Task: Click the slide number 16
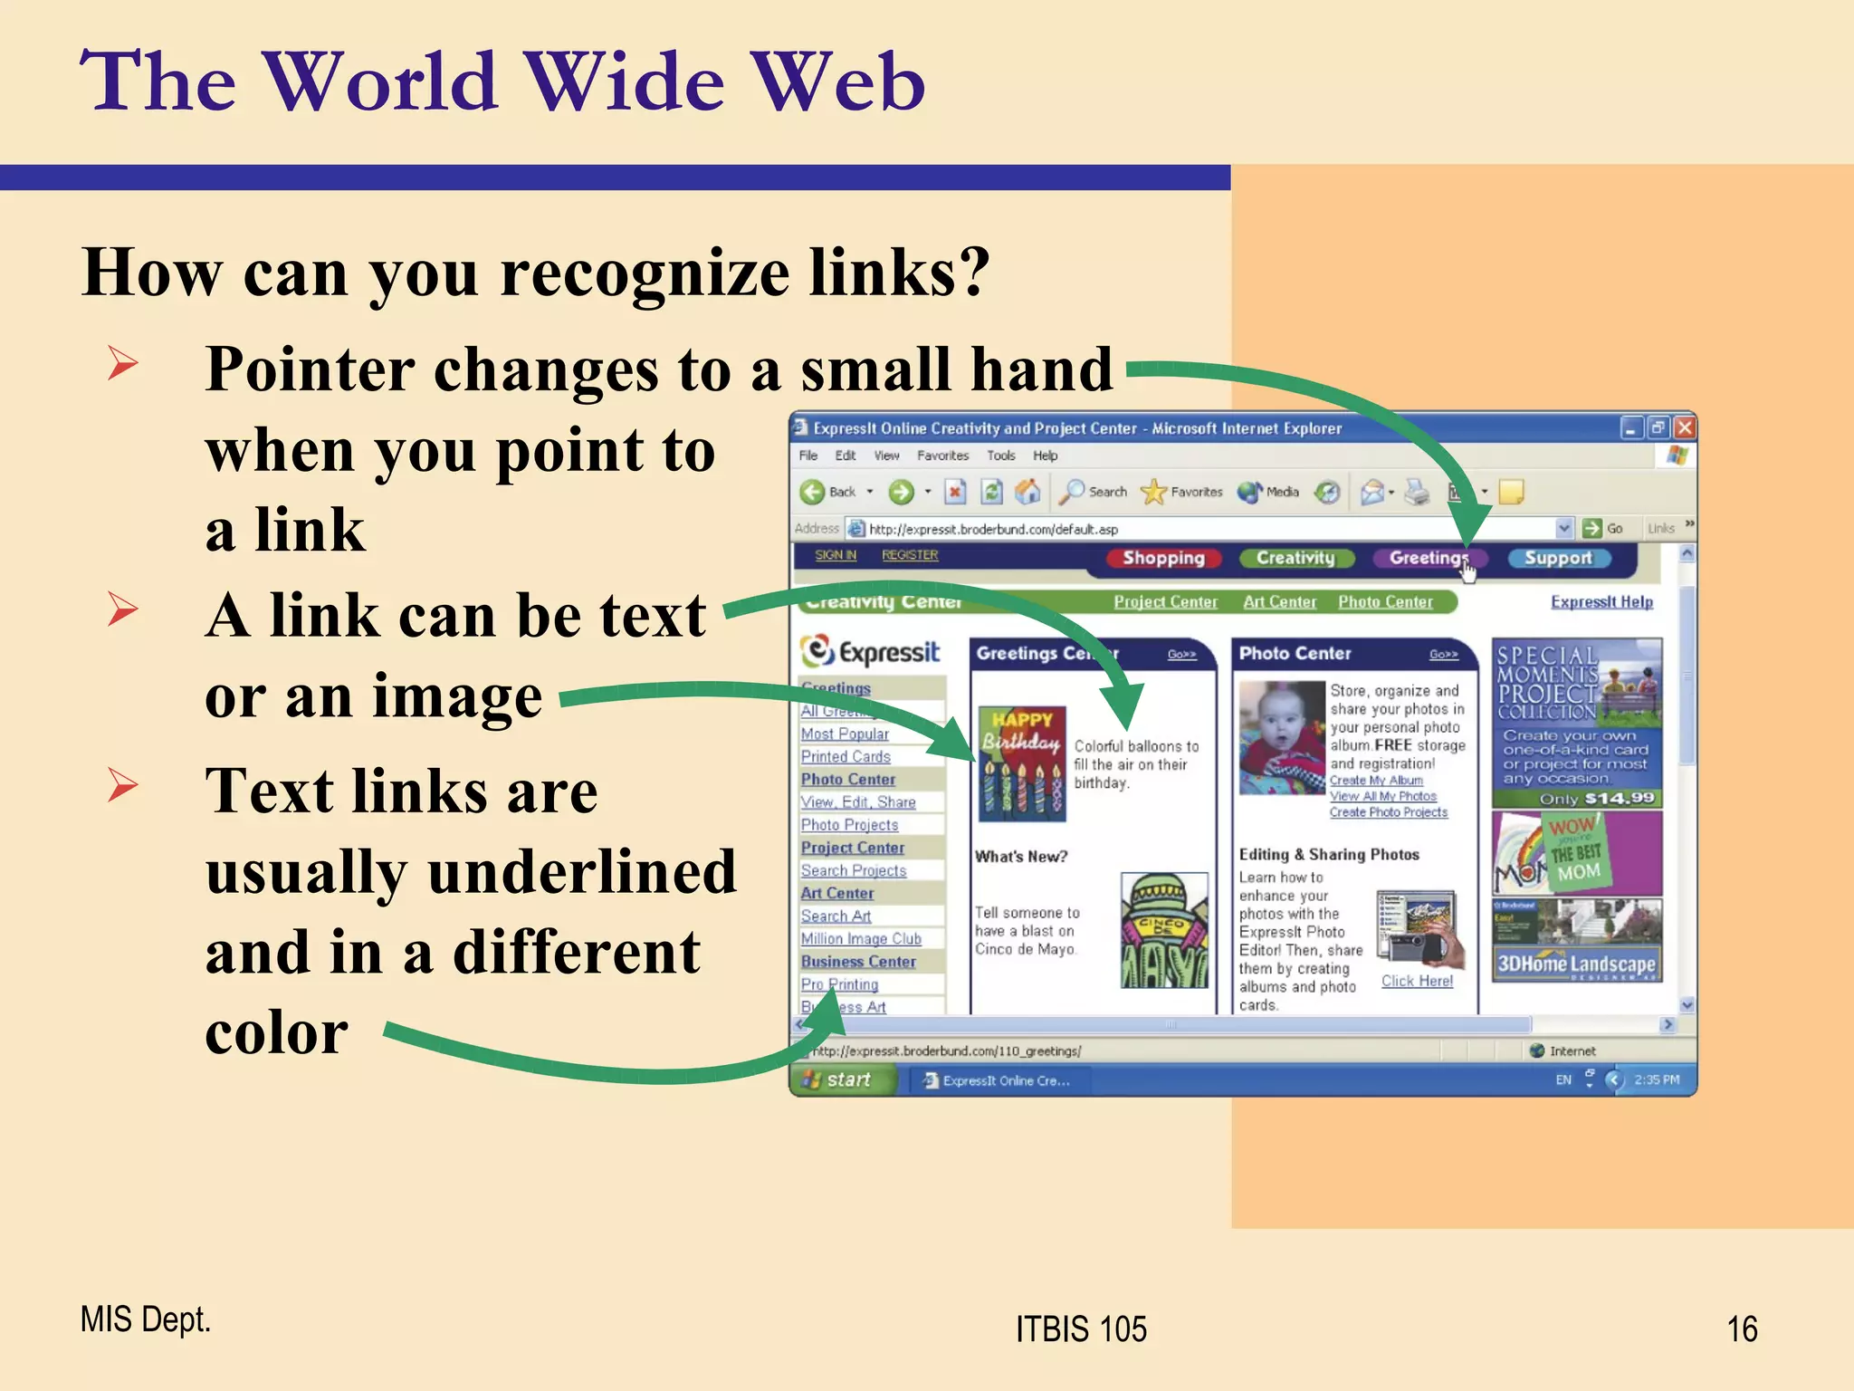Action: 1742,1329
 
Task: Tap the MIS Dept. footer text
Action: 145,1319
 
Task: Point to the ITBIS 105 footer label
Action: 1081,1329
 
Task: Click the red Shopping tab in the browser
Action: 1163,558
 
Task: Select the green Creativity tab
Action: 1295,558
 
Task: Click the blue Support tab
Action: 1558,558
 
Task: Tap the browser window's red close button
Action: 1684,427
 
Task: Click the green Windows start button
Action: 841,1079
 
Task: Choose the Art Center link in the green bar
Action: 1279,602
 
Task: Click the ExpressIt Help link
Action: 1601,602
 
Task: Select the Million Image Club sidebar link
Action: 861,939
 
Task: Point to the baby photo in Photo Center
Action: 1282,737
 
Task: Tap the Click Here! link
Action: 1417,981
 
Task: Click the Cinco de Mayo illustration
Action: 1164,930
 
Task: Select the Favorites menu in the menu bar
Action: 942,456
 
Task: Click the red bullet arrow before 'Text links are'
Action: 123,784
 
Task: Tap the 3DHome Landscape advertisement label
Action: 1576,964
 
